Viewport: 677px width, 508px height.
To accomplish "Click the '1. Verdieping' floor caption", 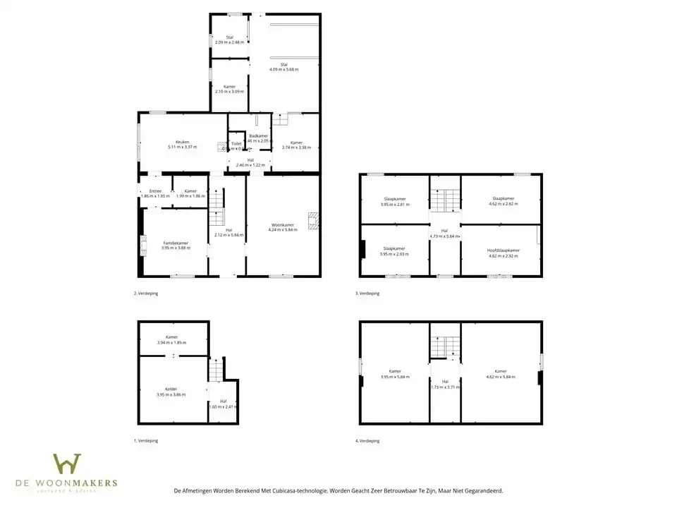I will [146, 440].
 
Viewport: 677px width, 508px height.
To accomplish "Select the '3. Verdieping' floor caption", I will [367, 293].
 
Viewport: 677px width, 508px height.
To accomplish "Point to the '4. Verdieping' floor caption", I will [367, 440].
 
